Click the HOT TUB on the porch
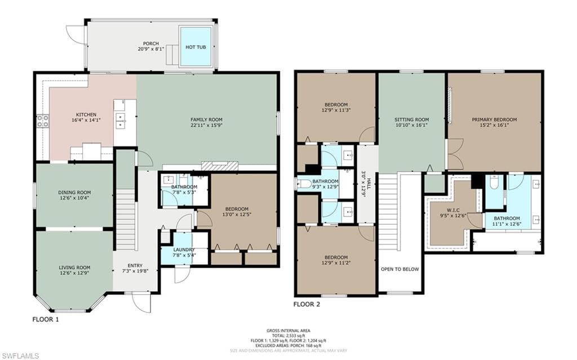click(196, 46)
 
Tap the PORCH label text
click(150, 43)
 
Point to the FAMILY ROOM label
click(206, 119)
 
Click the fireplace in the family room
click(220, 165)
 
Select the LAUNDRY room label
click(184, 250)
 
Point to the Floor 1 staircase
click(125, 220)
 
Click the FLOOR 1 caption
click(45, 319)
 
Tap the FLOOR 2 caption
click(307, 304)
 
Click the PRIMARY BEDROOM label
click(494, 119)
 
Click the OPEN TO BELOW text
click(400, 269)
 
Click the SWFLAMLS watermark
click(20, 355)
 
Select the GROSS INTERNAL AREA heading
click(288, 331)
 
